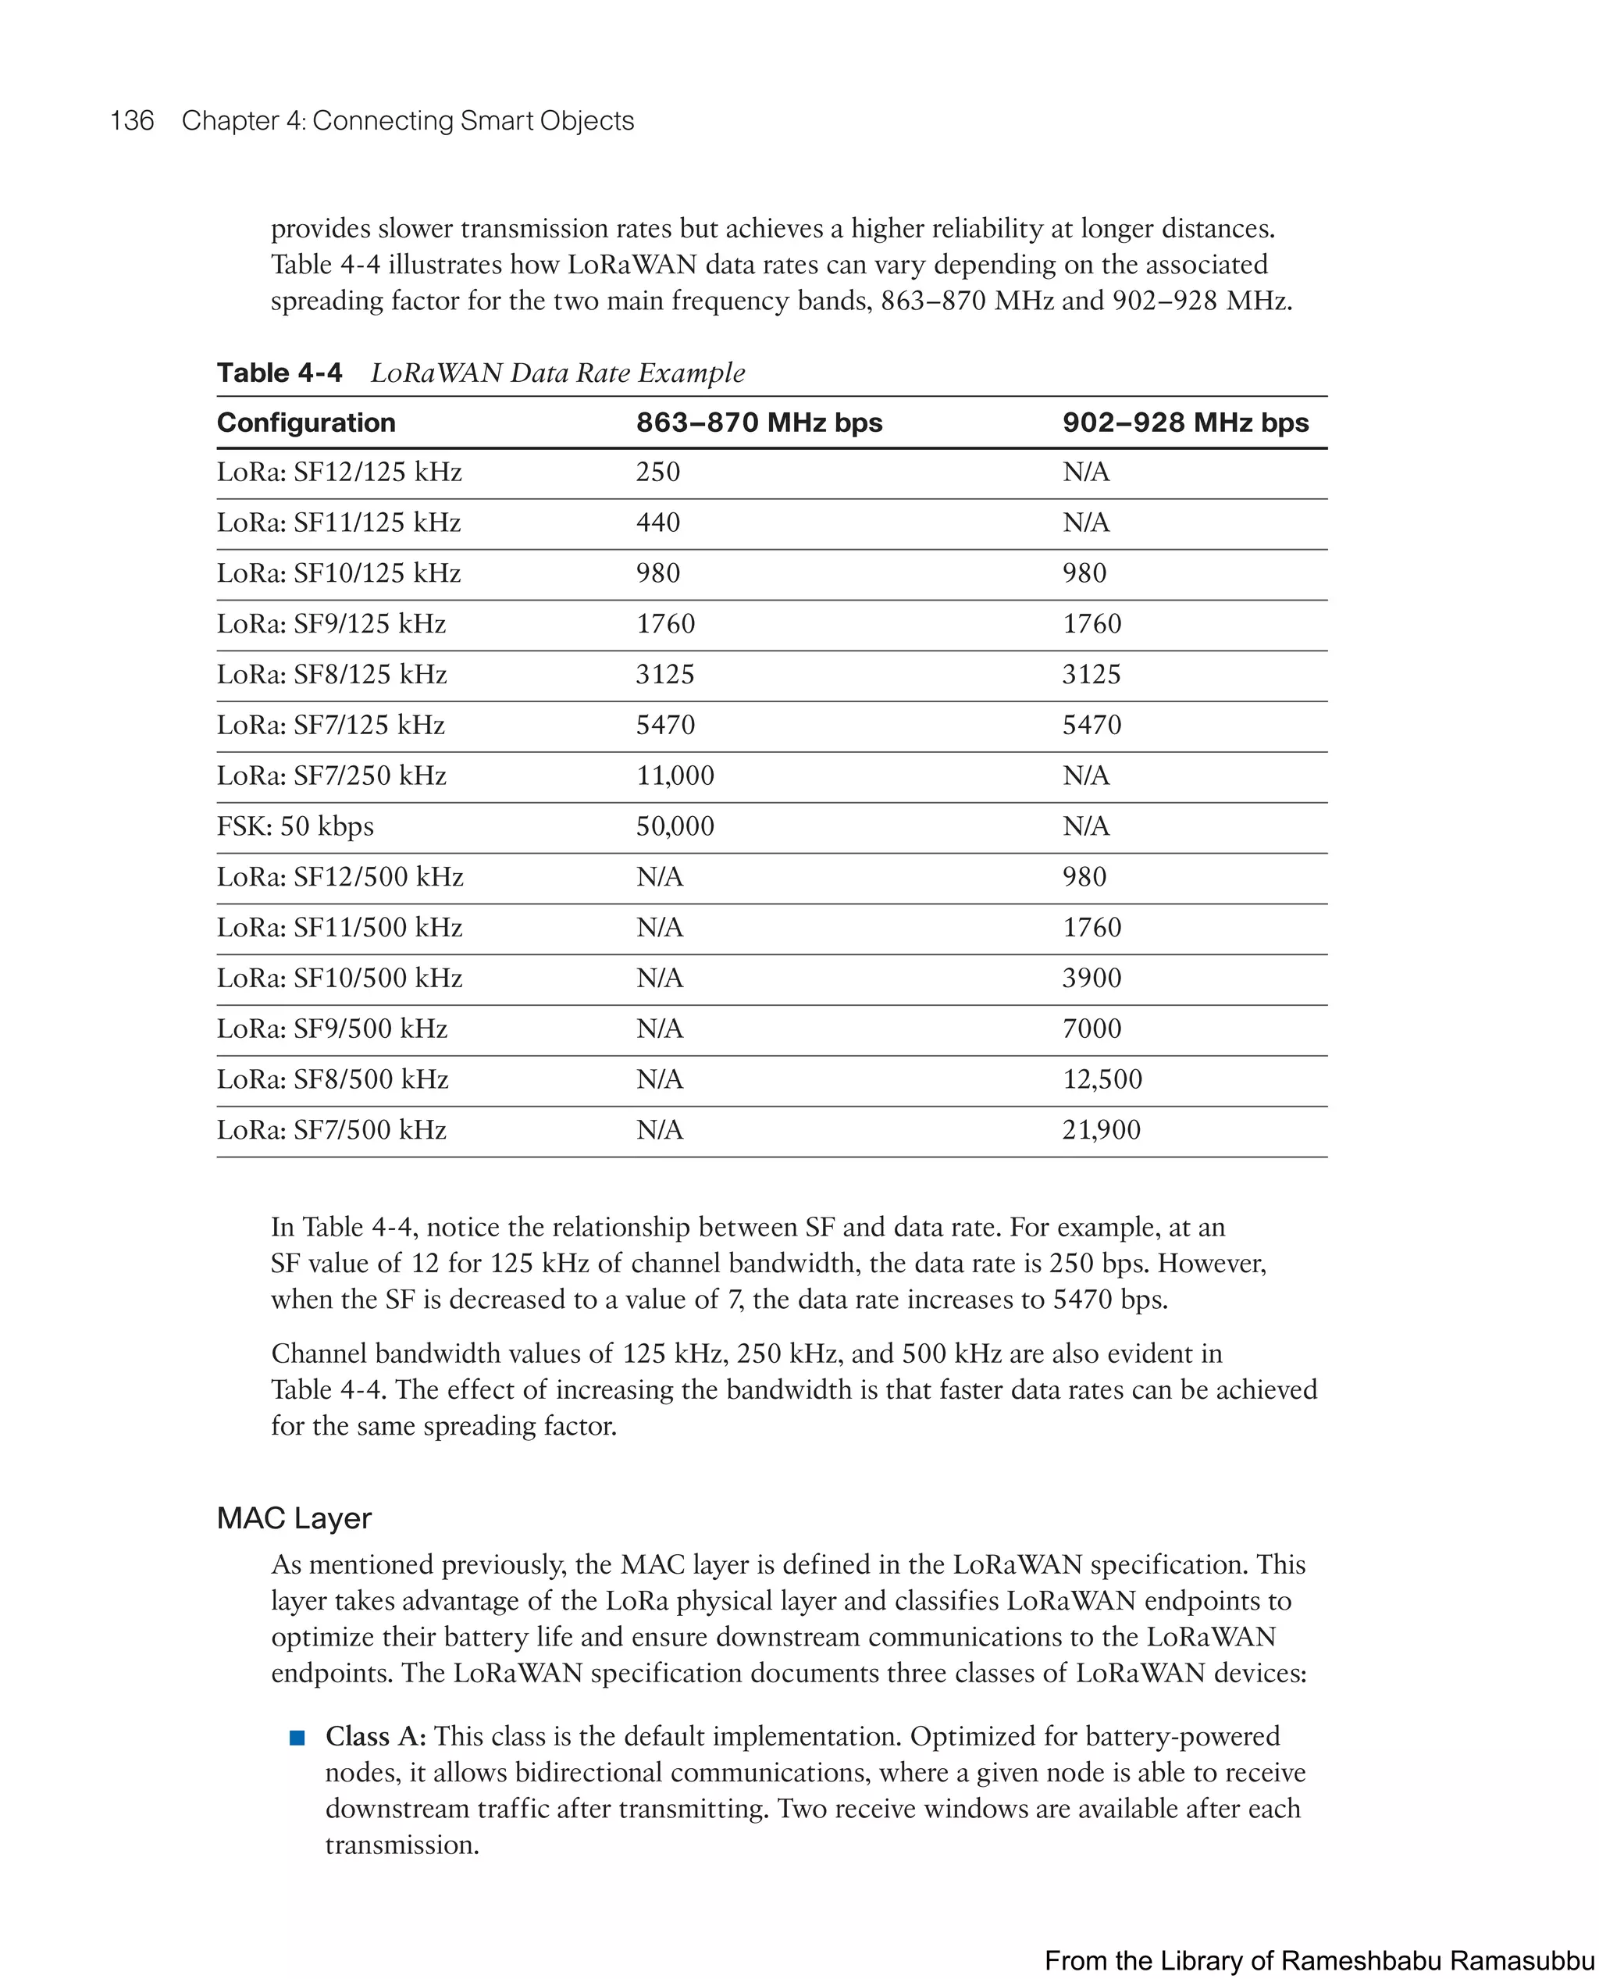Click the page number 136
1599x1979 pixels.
[132, 121]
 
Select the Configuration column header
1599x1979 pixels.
[306, 423]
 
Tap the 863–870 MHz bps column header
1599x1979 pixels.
[759, 423]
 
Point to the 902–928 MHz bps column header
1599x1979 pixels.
[1185, 423]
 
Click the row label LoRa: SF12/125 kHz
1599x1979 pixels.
[339, 472]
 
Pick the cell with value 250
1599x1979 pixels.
[657, 472]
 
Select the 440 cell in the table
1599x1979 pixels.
[657, 523]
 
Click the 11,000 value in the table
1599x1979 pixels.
[675, 776]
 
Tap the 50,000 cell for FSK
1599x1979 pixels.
[675, 826]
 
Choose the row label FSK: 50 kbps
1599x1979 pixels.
[295, 826]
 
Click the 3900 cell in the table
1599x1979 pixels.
[1092, 978]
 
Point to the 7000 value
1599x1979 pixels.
[1092, 1029]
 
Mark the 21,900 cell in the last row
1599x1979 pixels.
[1101, 1129]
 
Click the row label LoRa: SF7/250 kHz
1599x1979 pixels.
[332, 776]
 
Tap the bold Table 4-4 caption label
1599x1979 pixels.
[279, 373]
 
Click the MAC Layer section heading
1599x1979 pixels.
[294, 1518]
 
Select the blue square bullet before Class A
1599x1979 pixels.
[297, 1738]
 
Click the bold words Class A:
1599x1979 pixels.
[376, 1737]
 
